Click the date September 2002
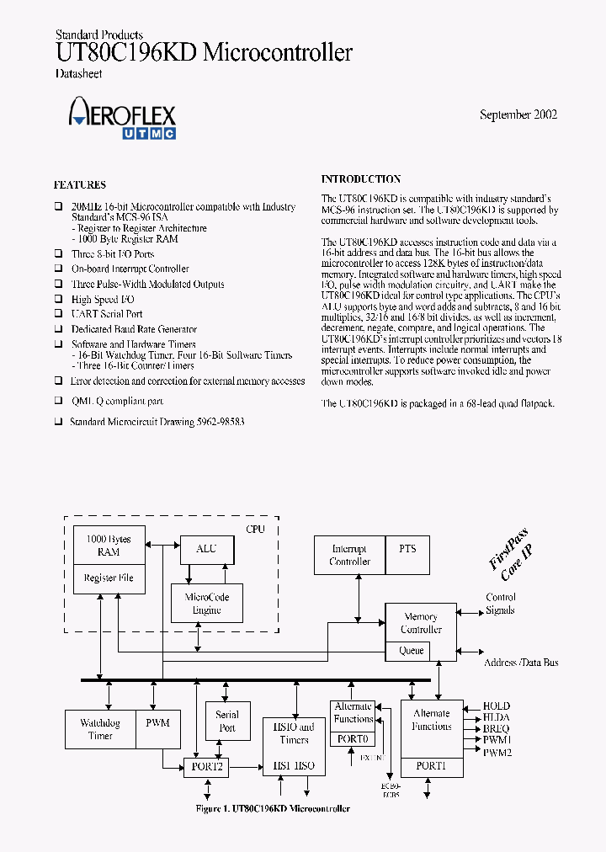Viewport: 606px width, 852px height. pos(518,114)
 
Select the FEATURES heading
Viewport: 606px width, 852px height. pos(80,185)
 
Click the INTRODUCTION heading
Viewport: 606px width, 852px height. pos(360,179)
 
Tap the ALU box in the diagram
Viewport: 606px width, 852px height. pos(206,549)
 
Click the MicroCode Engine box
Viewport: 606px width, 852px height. pos(206,603)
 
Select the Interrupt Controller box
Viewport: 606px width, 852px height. pos(349,555)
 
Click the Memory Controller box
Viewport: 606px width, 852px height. pos(421,623)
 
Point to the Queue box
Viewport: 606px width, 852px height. pos(411,651)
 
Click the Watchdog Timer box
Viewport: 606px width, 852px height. pos(100,729)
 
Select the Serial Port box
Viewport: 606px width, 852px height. pos(227,721)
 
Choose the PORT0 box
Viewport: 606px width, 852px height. pos(353,738)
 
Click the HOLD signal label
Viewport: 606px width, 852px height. pos(496,706)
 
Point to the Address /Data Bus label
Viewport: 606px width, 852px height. pos(520,663)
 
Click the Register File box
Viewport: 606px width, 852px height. pos(109,578)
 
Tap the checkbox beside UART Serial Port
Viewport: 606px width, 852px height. pos(59,314)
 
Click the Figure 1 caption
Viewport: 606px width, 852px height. pos(273,809)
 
